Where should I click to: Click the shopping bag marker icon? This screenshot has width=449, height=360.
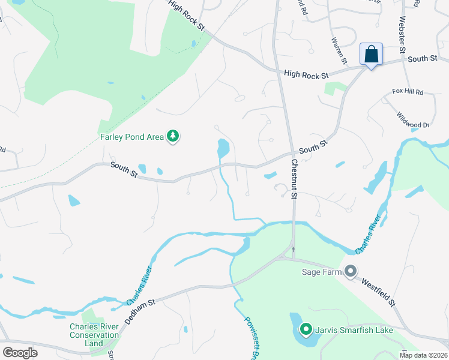(372, 54)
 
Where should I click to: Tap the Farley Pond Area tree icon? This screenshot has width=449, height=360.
(173, 137)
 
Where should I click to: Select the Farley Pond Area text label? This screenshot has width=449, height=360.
(131, 137)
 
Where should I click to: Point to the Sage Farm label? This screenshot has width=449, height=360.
(321, 272)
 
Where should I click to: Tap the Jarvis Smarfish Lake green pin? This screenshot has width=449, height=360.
(306, 329)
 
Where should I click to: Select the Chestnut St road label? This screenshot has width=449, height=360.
(295, 179)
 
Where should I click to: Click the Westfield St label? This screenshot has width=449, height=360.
(379, 291)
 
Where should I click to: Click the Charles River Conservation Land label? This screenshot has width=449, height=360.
(94, 335)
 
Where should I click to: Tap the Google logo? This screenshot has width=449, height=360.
(20, 353)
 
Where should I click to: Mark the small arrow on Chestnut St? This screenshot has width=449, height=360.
(294, 249)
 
